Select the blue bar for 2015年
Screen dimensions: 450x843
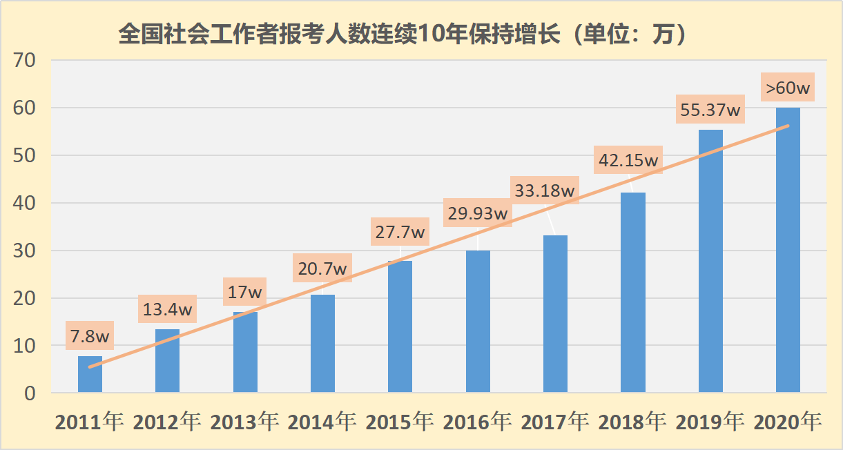coord(400,327)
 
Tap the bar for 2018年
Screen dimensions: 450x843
coord(632,293)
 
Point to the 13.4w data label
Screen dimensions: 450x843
coord(168,309)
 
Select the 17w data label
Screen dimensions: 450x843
coord(245,292)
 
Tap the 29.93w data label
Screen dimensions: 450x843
coord(478,213)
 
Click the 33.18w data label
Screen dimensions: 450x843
coord(545,190)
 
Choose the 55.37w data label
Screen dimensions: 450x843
coord(710,109)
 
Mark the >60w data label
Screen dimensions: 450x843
coord(788,88)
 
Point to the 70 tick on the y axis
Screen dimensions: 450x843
coord(28,61)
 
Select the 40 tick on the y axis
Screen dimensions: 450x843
coord(28,204)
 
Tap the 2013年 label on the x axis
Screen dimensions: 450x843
coord(244,422)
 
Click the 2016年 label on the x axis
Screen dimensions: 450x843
coord(477,422)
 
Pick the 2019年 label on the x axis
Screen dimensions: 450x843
coord(710,422)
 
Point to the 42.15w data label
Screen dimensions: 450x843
coord(628,160)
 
